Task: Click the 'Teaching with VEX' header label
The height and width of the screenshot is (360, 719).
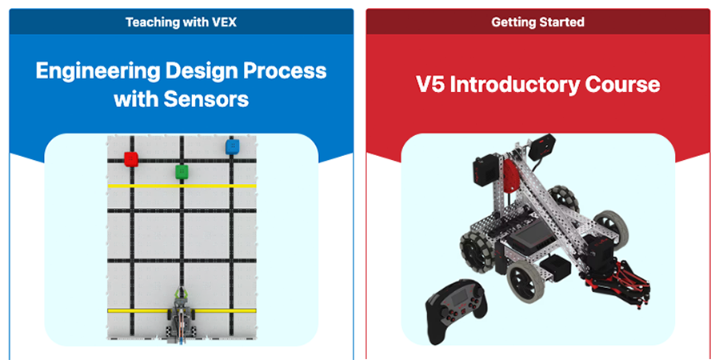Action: tap(181, 22)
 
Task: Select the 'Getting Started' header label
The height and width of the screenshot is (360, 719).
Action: tap(538, 22)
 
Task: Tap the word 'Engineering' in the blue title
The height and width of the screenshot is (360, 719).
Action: tap(98, 71)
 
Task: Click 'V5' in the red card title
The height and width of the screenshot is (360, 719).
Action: tap(430, 84)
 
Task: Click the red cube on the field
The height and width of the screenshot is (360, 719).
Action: tap(131, 159)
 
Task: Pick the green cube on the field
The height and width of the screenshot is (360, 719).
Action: tap(182, 172)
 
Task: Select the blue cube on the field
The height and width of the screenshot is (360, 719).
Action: tap(233, 146)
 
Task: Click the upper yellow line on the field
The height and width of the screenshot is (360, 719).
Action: tap(182, 186)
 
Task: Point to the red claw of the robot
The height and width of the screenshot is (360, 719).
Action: tap(616, 285)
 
